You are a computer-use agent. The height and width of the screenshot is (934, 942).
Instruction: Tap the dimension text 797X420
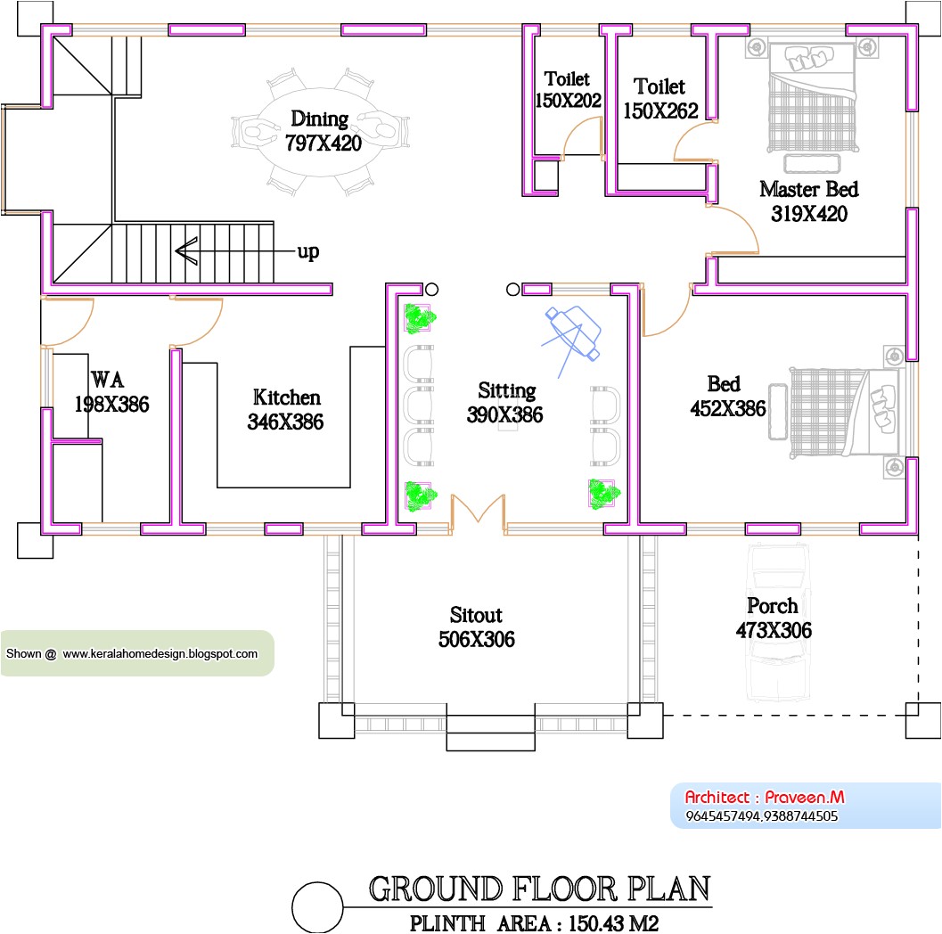[x=323, y=143]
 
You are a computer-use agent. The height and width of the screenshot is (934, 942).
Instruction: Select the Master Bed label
[x=808, y=189]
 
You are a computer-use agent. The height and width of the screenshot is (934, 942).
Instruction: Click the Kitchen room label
[x=286, y=397]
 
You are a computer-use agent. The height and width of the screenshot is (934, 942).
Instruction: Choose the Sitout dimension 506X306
[x=476, y=639]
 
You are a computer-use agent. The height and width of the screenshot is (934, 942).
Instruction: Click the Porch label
[x=772, y=606]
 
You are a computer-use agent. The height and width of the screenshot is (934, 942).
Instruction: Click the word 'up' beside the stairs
[x=307, y=252]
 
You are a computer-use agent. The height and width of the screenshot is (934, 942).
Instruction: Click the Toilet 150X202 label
[x=568, y=90]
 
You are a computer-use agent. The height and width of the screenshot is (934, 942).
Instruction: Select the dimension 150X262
[x=660, y=110]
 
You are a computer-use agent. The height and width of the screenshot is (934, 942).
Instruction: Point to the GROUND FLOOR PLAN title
[x=539, y=889]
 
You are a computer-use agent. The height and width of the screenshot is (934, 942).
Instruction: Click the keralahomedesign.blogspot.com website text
[x=160, y=653]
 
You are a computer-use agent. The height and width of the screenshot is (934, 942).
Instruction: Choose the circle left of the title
[x=316, y=906]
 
